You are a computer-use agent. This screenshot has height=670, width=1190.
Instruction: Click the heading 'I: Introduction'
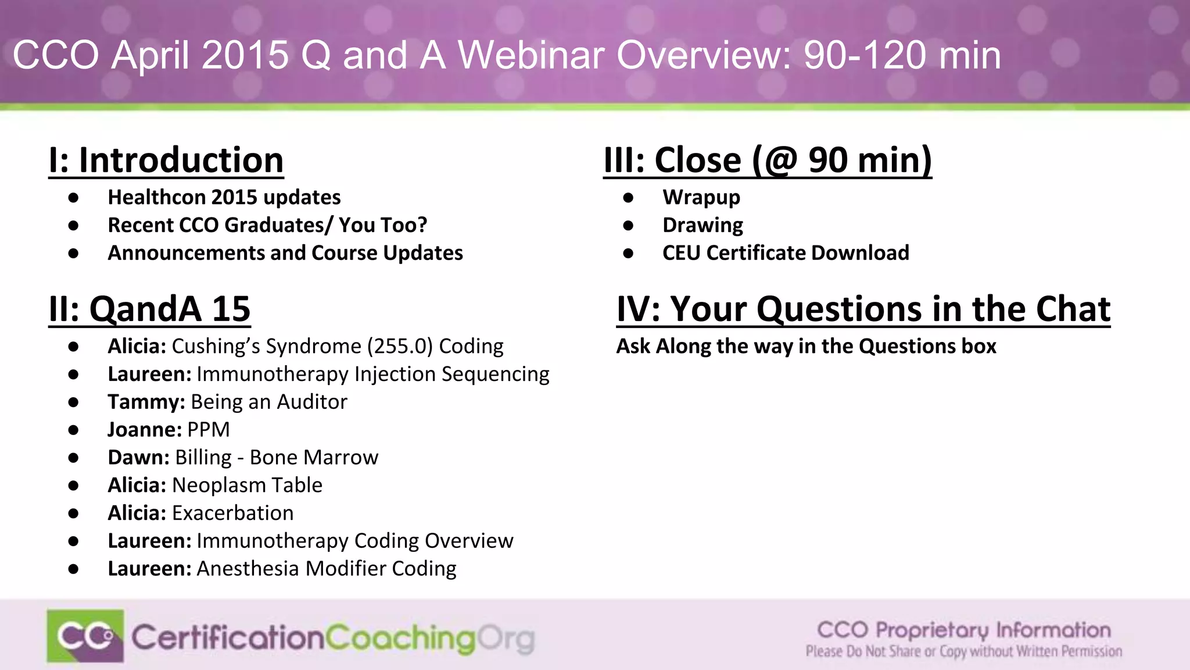click(166, 160)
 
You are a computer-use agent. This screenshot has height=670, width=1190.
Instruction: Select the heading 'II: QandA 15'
click(149, 309)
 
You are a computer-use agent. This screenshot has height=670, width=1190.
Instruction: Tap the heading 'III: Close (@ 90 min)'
click(768, 160)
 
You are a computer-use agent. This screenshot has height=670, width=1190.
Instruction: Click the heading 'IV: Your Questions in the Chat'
click(863, 309)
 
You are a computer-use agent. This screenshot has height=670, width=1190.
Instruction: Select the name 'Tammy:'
click(146, 402)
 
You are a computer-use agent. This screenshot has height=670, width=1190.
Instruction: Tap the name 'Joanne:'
click(145, 430)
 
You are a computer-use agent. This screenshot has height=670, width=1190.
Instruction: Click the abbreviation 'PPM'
click(209, 430)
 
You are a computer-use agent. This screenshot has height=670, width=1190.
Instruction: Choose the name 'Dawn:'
click(138, 458)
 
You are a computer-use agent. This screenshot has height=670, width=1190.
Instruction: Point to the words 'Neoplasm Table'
click(247, 486)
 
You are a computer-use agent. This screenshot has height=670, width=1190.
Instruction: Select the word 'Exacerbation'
click(232, 514)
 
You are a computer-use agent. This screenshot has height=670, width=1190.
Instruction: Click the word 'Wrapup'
click(701, 198)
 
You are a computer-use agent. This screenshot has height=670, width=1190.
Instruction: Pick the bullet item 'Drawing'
click(702, 226)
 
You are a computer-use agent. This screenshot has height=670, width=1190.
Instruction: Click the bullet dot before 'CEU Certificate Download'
click(628, 254)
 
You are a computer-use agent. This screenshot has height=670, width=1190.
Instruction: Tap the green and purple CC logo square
click(85, 636)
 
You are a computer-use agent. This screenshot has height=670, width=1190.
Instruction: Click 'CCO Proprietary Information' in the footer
click(963, 630)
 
